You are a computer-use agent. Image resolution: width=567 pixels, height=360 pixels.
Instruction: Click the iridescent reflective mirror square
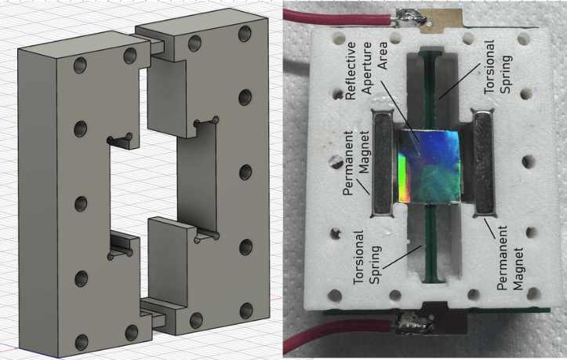(x=429, y=166)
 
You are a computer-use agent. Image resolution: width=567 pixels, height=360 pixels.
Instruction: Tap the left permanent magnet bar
(x=382, y=163)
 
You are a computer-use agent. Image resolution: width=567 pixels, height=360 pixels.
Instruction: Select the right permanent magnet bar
(x=484, y=163)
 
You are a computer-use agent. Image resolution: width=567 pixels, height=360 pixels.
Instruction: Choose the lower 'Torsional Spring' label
(x=367, y=257)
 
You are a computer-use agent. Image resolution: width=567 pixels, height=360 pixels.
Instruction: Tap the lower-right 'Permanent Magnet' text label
(x=510, y=257)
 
